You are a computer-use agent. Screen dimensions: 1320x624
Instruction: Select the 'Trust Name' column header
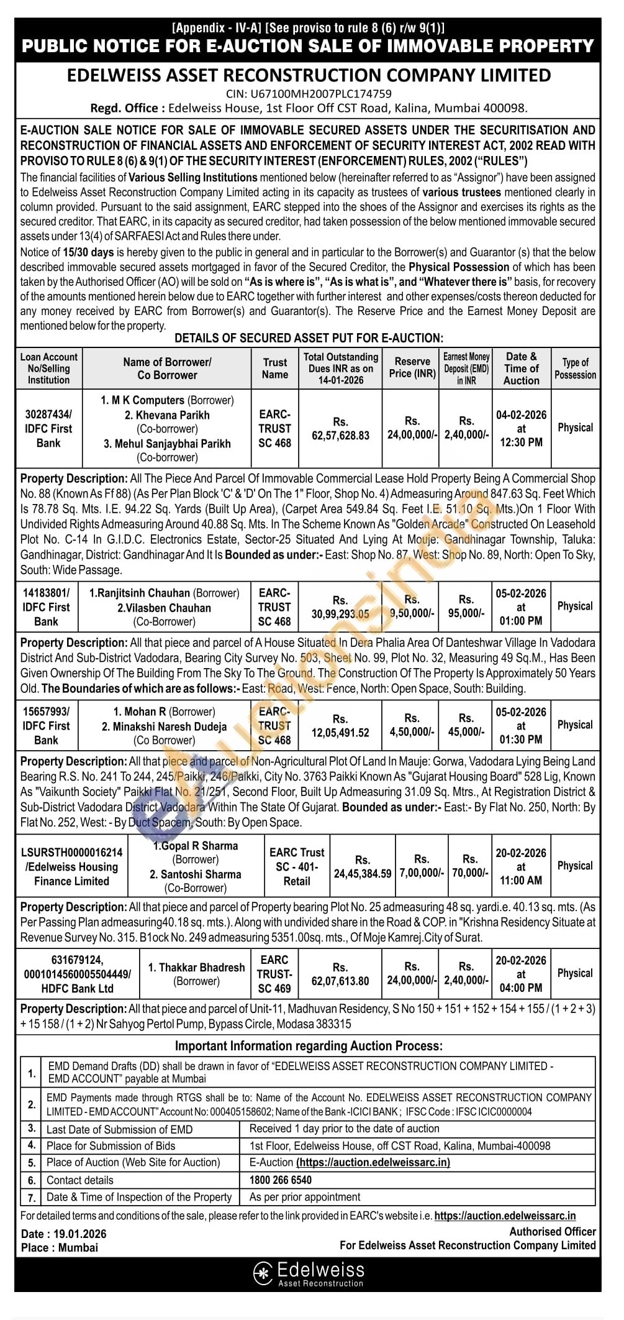[x=275, y=369]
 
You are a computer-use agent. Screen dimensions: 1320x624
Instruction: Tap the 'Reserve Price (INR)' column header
[x=412, y=368]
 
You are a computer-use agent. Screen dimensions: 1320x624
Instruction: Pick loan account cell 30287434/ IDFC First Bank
[x=48, y=428]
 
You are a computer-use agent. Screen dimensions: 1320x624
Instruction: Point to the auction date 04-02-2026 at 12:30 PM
[x=521, y=428]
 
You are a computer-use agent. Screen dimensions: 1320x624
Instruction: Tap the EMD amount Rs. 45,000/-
[x=466, y=732]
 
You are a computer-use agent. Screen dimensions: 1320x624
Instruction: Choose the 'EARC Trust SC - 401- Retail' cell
[x=297, y=867]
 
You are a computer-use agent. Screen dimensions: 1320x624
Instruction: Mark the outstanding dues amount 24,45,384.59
[x=363, y=874]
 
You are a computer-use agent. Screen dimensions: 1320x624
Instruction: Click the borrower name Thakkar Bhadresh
[x=196, y=968]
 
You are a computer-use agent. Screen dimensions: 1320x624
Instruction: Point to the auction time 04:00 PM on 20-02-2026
[x=521, y=988]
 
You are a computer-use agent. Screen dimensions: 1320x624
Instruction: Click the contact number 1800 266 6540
[x=281, y=1180]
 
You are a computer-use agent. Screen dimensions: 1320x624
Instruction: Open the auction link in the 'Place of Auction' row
[x=373, y=1162]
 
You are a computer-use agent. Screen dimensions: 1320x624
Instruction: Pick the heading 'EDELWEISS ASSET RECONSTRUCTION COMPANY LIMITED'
[x=309, y=76]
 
